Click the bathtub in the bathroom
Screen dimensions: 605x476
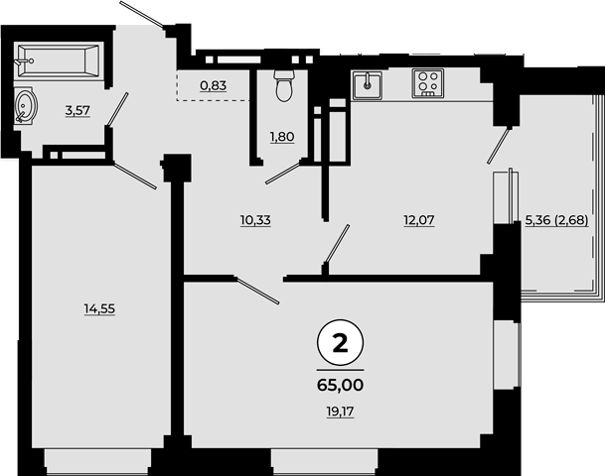click(x=59, y=60)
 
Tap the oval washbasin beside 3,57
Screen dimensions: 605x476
click(x=26, y=105)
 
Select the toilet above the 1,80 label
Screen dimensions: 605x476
click(x=284, y=85)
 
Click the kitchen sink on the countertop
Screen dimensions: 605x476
click(x=367, y=85)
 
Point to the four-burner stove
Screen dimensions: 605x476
click(x=427, y=82)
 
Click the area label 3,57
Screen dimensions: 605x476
click(x=77, y=111)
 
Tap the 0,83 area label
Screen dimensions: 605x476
click(x=213, y=85)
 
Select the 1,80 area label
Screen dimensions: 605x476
click(x=282, y=137)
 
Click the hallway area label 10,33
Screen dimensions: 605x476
click(x=255, y=221)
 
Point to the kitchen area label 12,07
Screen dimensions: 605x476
click(x=419, y=220)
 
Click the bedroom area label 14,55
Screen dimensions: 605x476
click(x=99, y=308)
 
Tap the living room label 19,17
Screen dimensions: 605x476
click(x=341, y=413)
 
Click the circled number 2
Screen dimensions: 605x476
click(x=340, y=343)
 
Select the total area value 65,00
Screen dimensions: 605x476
click(x=341, y=385)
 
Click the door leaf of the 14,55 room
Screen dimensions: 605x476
click(x=135, y=177)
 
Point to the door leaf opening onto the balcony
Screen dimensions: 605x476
click(x=499, y=146)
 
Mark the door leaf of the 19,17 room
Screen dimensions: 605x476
click(x=256, y=291)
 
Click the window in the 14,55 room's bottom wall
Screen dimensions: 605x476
click(x=97, y=462)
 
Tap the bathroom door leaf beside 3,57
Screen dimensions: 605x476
click(x=117, y=109)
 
